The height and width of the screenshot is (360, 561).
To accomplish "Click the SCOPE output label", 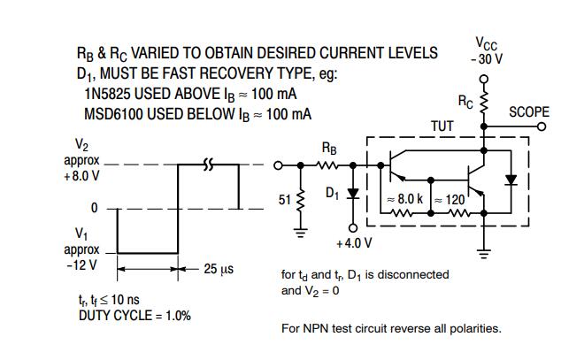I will [x=529, y=112].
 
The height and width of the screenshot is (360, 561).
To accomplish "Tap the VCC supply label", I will [x=486, y=43].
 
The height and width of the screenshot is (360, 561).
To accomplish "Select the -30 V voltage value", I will [x=486, y=58].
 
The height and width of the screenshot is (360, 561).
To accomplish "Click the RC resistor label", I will [x=465, y=102].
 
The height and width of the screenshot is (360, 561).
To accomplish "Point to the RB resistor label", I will [x=328, y=149].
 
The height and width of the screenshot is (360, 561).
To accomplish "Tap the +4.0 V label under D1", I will [x=354, y=242].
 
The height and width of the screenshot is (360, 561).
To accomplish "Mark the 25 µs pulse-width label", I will [x=219, y=268].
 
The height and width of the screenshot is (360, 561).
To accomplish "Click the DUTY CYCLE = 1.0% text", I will [x=134, y=315].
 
